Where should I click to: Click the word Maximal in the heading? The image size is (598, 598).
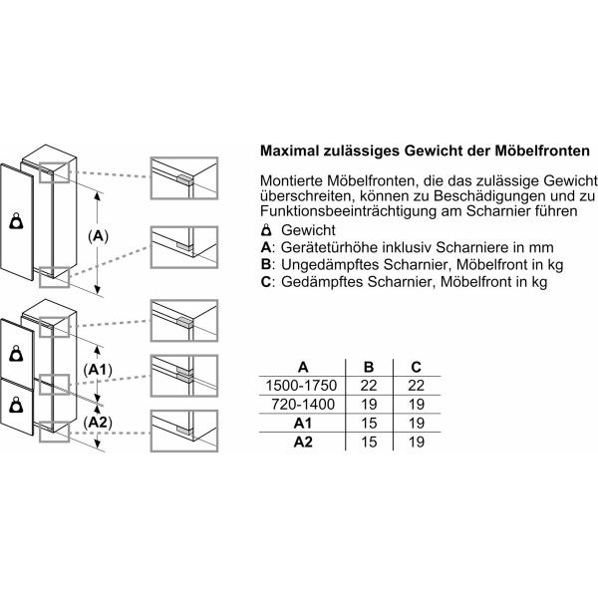(292, 151)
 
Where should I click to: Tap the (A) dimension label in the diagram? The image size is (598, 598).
(99, 235)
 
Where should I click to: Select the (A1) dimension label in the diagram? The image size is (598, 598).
(98, 370)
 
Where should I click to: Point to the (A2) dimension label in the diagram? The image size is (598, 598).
(98, 422)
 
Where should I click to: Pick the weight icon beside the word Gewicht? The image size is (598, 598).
(264, 230)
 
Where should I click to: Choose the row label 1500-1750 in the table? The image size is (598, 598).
(302, 384)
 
